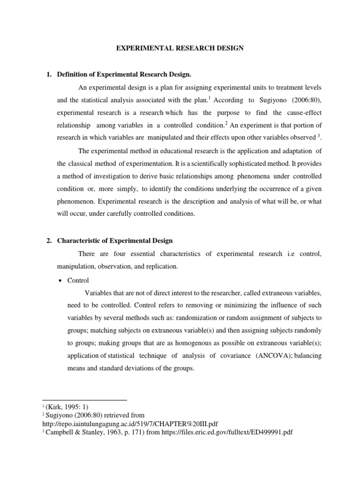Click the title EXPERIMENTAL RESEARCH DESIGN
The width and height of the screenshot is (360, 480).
click(180, 48)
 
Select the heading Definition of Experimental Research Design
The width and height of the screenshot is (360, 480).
click(124, 74)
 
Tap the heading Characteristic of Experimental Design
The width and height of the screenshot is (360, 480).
click(115, 240)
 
